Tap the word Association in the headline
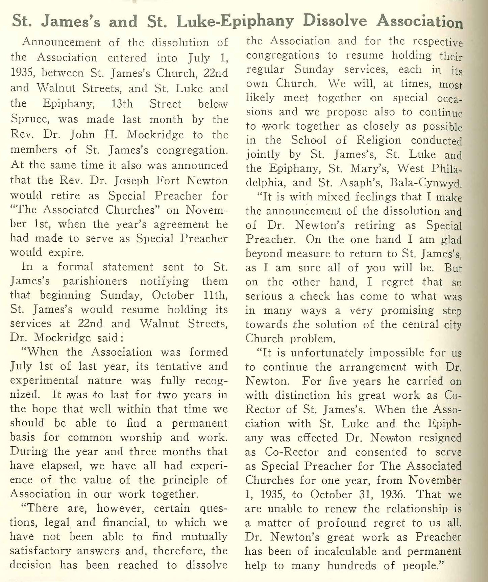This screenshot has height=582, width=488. pyautogui.click(x=419, y=21)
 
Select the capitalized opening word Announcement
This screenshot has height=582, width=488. pyautogui.click(x=62, y=43)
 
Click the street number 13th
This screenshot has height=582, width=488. pyautogui.click(x=122, y=104)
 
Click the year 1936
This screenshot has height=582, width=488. pyautogui.click(x=392, y=495)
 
